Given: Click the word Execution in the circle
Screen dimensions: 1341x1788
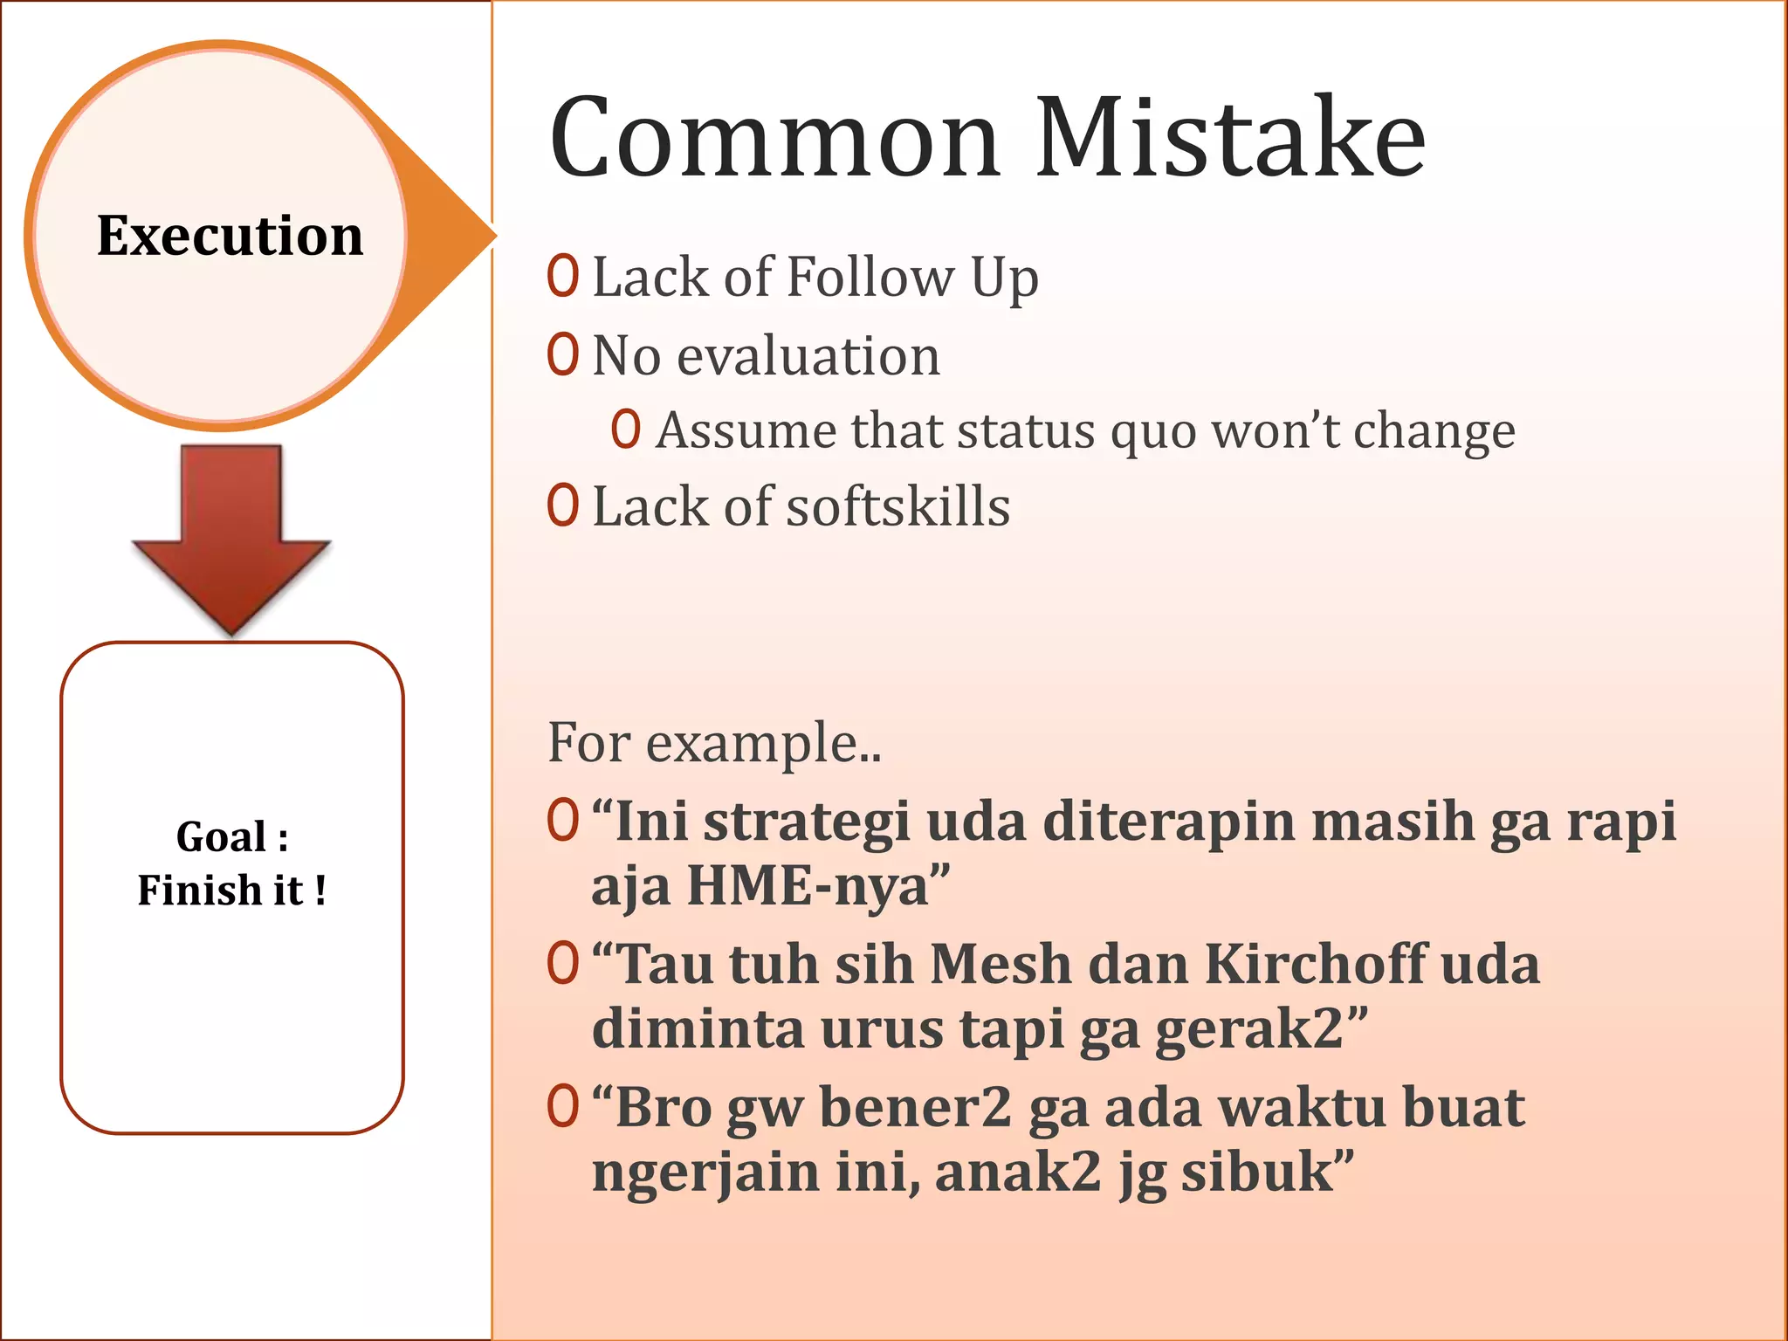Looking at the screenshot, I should click(230, 236).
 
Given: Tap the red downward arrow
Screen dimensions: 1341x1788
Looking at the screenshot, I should click(231, 541).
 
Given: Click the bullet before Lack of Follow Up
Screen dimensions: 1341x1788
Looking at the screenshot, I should click(563, 276).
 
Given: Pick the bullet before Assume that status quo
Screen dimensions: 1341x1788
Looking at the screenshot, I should click(626, 430).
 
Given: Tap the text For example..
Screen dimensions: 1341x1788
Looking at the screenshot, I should click(714, 743).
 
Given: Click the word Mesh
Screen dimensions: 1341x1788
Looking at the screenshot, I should click(1000, 965).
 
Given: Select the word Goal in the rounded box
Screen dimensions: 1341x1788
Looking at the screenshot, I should click(221, 836).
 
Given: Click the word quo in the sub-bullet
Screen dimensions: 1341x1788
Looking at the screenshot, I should click(1153, 431).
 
